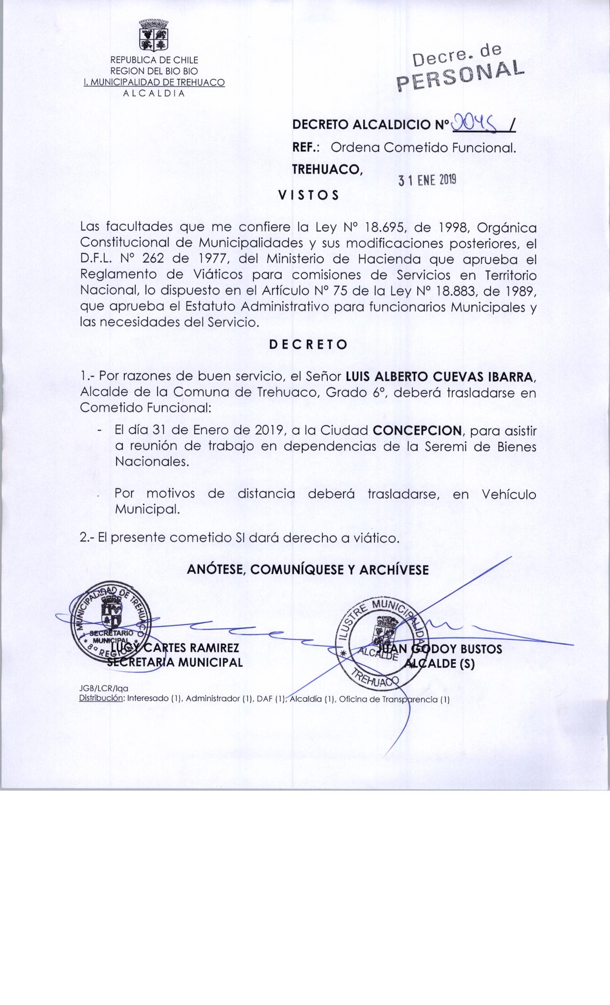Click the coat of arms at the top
point(154,36)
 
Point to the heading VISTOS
point(309,195)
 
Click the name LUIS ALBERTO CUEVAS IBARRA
point(438,377)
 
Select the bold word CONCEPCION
point(417,430)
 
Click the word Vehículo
point(509,494)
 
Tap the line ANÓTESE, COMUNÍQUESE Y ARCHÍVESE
point(308,569)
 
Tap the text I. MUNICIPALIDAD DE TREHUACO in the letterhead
point(154,82)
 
